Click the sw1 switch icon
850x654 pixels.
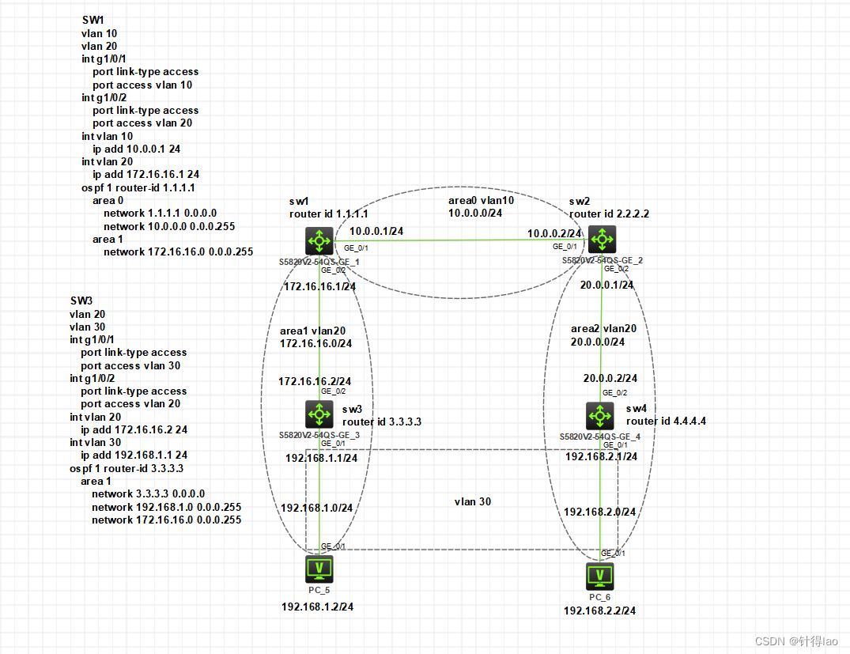tap(319, 240)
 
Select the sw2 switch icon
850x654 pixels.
tap(602, 239)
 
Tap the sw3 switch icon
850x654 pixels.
tap(319, 414)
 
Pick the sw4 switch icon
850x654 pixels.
tap(600, 416)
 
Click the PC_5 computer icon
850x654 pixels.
tap(319, 569)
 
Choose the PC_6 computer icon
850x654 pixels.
tap(600, 576)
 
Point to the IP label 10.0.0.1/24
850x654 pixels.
tap(376, 232)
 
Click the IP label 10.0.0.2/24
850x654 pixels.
tap(555, 233)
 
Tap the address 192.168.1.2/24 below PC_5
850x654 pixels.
tap(318, 607)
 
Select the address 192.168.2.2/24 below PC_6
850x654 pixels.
tap(599, 611)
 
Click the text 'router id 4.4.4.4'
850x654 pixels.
tap(666, 422)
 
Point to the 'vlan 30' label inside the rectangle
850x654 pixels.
tap(472, 501)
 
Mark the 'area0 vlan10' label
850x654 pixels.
tap(480, 200)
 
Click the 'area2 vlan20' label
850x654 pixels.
tap(603, 328)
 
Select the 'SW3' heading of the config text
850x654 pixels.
tap(81, 301)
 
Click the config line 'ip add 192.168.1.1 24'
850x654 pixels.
tap(134, 456)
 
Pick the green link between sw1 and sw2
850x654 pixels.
tap(459, 240)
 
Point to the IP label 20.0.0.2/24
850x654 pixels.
tap(610, 379)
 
